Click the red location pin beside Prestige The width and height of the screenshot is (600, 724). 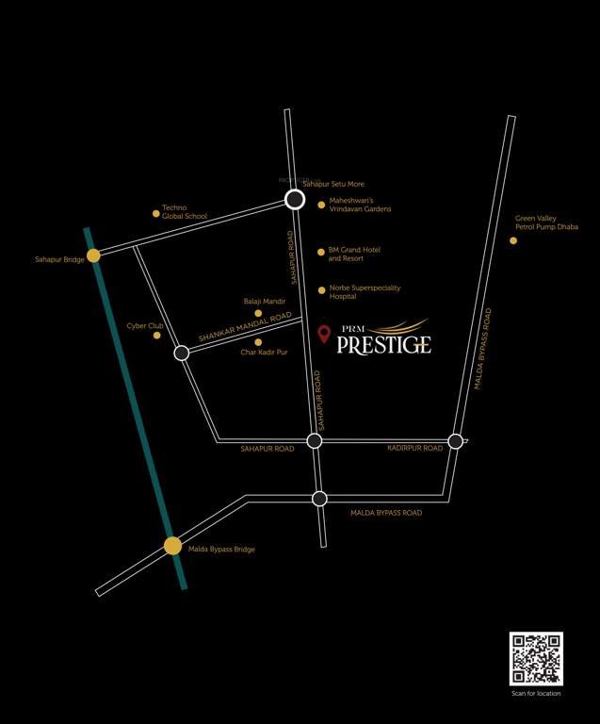pyautogui.click(x=324, y=334)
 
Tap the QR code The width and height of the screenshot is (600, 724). pyautogui.click(x=536, y=658)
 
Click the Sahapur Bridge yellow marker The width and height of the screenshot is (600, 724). pyautogui.click(x=93, y=255)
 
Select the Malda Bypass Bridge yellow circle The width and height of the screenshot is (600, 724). pyautogui.click(x=172, y=545)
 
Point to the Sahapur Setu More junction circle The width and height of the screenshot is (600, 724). pyautogui.click(x=295, y=199)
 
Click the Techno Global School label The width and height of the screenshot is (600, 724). pyautogui.click(x=185, y=212)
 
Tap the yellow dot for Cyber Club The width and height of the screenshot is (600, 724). pyautogui.click(x=157, y=336)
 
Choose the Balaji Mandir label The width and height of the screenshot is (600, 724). pyautogui.click(x=264, y=302)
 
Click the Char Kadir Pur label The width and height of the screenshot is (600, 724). pyautogui.click(x=264, y=353)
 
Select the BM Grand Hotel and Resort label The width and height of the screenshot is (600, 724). pyautogui.click(x=354, y=254)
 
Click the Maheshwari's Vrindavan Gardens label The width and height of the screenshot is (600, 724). pyautogui.click(x=359, y=205)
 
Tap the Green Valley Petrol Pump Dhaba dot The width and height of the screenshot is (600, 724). pyautogui.click(x=513, y=240)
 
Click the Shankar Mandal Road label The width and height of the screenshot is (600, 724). pyautogui.click(x=245, y=327)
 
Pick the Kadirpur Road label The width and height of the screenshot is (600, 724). pyautogui.click(x=414, y=449)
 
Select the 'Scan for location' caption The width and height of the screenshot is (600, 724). pyautogui.click(x=536, y=694)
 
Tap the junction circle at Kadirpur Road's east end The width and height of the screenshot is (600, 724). pyautogui.click(x=456, y=441)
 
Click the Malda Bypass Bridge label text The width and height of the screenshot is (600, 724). pyautogui.click(x=221, y=550)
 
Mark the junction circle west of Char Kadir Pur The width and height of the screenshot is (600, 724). pyautogui.click(x=182, y=353)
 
